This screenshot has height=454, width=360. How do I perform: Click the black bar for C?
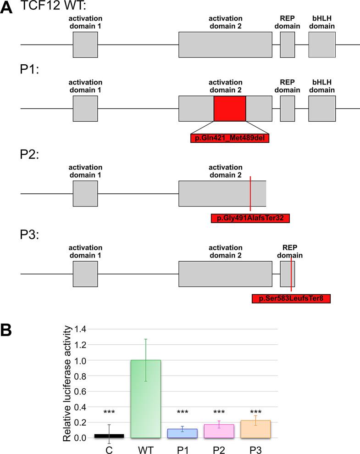click(109, 436)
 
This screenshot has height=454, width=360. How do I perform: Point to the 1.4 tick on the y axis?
click(81, 329)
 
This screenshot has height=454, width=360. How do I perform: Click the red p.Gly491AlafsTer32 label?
click(250, 218)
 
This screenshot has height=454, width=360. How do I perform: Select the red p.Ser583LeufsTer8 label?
click(291, 299)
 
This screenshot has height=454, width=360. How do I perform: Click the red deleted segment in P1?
click(230, 109)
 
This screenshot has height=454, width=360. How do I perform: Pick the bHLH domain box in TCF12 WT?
click(322, 45)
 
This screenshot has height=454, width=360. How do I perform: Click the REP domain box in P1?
click(288, 109)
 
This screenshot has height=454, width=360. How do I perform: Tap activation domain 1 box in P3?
click(85, 274)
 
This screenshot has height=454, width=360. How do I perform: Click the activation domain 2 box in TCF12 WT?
click(225, 45)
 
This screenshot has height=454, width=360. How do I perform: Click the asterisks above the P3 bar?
click(255, 412)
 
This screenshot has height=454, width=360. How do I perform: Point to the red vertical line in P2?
click(250, 193)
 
